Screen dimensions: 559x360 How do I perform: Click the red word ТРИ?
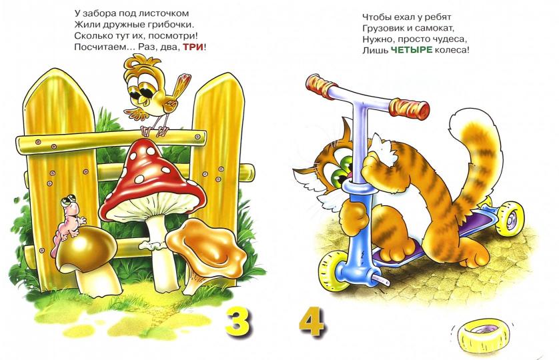point(193,47)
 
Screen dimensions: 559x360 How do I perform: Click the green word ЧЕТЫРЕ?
point(412,50)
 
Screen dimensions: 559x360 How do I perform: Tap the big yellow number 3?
point(237,322)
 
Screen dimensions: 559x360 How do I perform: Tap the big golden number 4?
point(312,321)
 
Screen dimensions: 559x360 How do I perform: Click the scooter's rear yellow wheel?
point(510,218)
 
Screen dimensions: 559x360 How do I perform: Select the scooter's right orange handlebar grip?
point(410,107)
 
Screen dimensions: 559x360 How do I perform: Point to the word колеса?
point(452,50)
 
